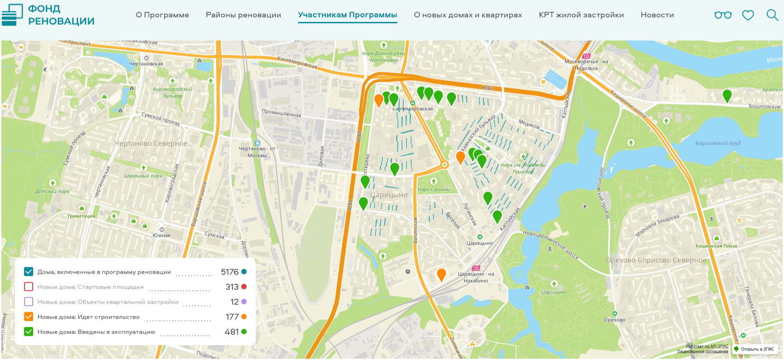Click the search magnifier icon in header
[x=772, y=15]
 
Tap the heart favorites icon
[x=748, y=15]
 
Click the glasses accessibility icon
[x=723, y=15]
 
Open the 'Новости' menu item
[x=657, y=15]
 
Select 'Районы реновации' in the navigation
[x=243, y=15]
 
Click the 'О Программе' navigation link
[x=162, y=15]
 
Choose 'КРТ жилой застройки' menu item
[x=581, y=15]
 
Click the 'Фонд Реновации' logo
[x=48, y=15]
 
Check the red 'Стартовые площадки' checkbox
[x=29, y=287]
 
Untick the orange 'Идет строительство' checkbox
[x=29, y=317]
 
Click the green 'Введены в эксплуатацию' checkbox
[x=29, y=332]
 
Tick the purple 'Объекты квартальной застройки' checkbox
[x=29, y=302]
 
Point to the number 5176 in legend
[x=229, y=272]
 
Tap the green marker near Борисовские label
[x=727, y=95]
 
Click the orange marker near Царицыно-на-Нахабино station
[x=441, y=274]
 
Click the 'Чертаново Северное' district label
[x=151, y=143]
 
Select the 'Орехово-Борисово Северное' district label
[x=656, y=260]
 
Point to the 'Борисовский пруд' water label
[x=718, y=143]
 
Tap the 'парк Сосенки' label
[x=434, y=189]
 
